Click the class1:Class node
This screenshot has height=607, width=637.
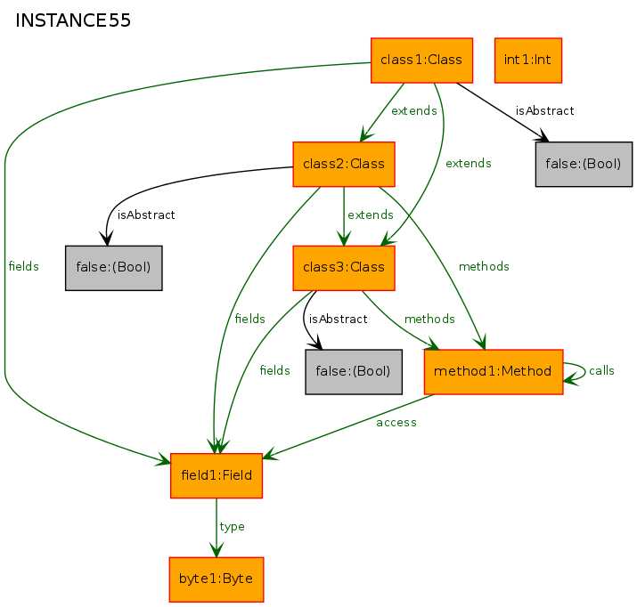tap(421, 61)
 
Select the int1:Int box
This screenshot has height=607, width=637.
tap(528, 61)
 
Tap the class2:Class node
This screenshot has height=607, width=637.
tap(344, 165)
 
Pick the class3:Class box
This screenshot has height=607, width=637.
tap(344, 268)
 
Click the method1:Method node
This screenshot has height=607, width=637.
tap(494, 372)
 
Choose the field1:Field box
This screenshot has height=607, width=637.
tap(216, 475)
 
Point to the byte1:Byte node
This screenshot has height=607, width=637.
tap(216, 579)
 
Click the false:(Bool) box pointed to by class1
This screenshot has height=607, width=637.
tap(584, 165)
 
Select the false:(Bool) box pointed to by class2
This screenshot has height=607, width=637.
tap(114, 268)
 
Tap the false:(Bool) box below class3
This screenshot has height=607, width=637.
tap(354, 372)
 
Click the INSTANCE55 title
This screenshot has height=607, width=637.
tap(73, 20)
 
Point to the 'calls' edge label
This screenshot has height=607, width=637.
tap(601, 370)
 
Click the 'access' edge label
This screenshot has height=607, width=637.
tap(396, 423)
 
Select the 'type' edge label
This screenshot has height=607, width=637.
tap(232, 527)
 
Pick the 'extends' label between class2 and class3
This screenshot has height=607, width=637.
tap(371, 214)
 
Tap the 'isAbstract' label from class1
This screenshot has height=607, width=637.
tap(544, 110)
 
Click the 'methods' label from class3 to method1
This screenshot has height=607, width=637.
tap(429, 319)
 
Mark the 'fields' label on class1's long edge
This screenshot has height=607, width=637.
tap(23, 267)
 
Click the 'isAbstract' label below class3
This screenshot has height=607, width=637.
tap(338, 319)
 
